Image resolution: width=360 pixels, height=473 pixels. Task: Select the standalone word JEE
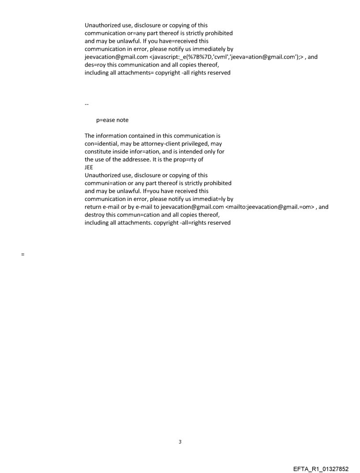[89, 168]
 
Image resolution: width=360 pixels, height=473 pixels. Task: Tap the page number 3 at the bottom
[180, 442]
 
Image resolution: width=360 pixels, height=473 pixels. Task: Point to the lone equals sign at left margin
[22, 255]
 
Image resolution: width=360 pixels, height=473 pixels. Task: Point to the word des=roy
[95, 65]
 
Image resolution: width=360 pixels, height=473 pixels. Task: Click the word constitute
[100, 152]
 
